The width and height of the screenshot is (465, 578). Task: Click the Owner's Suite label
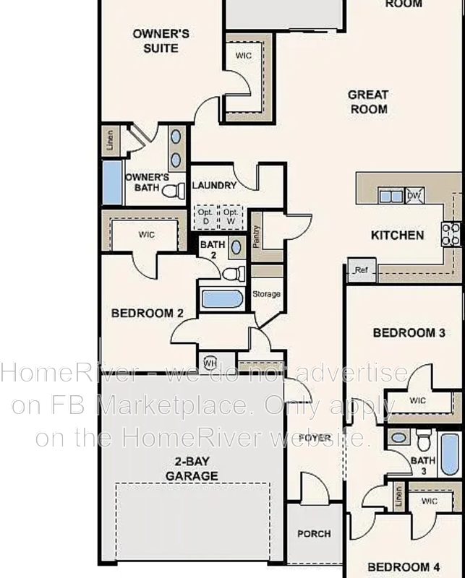pyautogui.click(x=161, y=40)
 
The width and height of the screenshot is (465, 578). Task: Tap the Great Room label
pyautogui.click(x=368, y=102)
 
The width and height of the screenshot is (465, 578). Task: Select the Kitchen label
pyautogui.click(x=397, y=235)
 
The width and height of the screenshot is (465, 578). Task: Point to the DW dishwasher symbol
pyautogui.click(x=414, y=196)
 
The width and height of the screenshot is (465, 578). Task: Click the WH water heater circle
pyautogui.click(x=210, y=363)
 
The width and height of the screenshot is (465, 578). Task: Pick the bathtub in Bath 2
pyautogui.click(x=221, y=298)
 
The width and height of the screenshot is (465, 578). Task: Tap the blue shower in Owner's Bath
pyautogui.click(x=111, y=182)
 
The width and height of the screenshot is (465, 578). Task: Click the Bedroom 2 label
pyautogui.click(x=147, y=313)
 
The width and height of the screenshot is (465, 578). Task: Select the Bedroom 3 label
pyautogui.click(x=409, y=333)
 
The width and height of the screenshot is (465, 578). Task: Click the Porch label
pyautogui.click(x=314, y=534)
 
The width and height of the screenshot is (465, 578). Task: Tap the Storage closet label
pyautogui.click(x=266, y=294)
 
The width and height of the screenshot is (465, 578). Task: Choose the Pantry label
pyautogui.click(x=257, y=236)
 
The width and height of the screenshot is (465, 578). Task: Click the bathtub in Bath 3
pyautogui.click(x=449, y=454)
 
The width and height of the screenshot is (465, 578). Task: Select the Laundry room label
pyautogui.click(x=214, y=186)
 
